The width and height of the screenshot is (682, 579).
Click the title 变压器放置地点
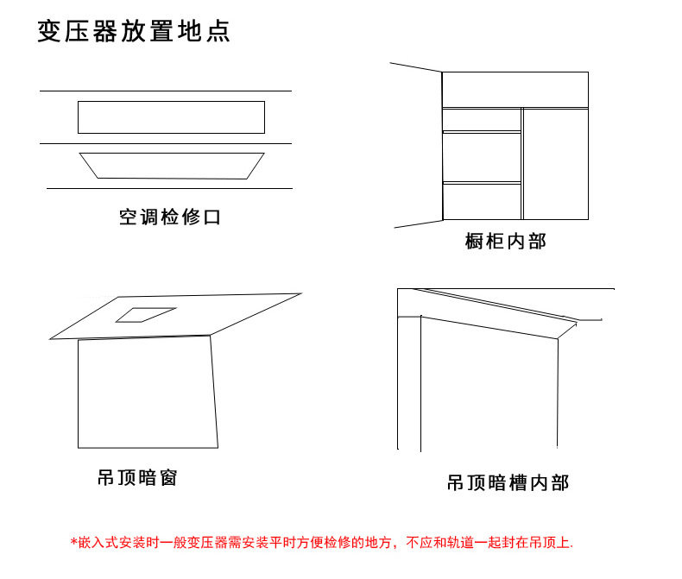(x=133, y=32)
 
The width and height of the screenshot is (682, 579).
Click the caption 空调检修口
(x=170, y=217)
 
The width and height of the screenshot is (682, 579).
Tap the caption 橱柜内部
(x=505, y=242)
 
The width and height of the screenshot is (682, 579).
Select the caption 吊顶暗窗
(x=137, y=477)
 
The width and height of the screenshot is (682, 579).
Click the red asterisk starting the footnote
(x=73, y=543)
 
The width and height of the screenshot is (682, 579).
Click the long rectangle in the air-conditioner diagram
(x=171, y=117)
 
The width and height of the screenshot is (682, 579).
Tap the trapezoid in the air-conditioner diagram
(x=172, y=166)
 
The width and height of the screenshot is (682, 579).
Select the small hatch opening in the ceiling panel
(x=146, y=314)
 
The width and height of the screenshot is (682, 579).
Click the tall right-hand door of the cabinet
(x=556, y=164)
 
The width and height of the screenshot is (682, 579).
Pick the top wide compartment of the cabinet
(x=515, y=90)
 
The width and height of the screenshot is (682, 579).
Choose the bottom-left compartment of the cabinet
(x=482, y=201)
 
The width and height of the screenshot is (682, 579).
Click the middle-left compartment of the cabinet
(x=482, y=157)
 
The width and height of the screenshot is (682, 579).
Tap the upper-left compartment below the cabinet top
(x=482, y=119)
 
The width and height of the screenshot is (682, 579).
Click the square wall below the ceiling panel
(x=146, y=393)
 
